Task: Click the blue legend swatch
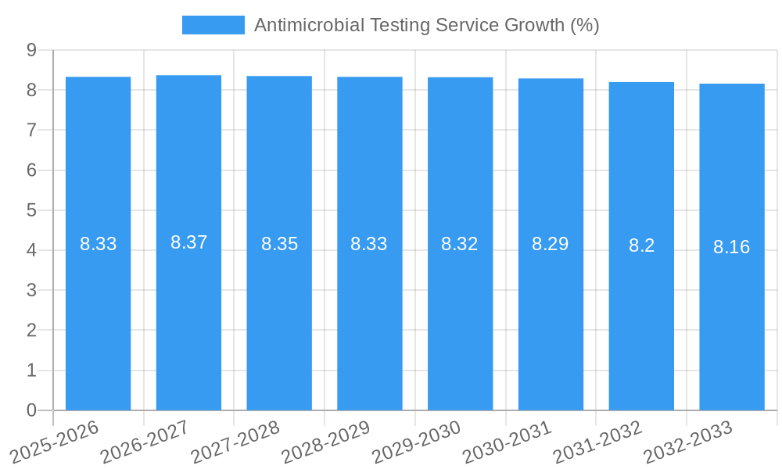coord(213,25)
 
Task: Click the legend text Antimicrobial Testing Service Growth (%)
coord(426,25)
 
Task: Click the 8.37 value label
coord(188,242)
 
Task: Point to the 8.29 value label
coord(551,244)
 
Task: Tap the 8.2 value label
coord(641,245)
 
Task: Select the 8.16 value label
coord(731,247)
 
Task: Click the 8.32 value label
coord(460,244)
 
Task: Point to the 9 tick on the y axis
coord(32,50)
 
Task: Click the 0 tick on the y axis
coord(32,410)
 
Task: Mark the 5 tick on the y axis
coord(32,210)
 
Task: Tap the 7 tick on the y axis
coord(32,130)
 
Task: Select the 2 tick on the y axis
coord(32,331)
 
